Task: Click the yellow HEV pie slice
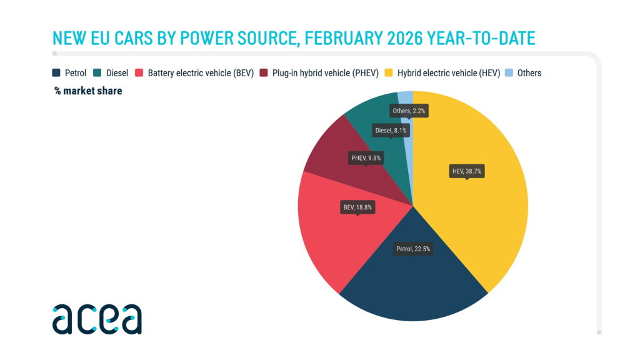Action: [481, 212]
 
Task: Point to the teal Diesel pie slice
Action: [375, 116]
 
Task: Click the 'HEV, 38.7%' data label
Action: [467, 171]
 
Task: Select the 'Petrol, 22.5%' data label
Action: [413, 249]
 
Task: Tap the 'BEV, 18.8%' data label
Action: [357, 207]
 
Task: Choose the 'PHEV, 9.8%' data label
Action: [366, 158]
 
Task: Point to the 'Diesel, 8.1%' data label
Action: [391, 131]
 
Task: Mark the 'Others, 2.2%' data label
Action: [409, 111]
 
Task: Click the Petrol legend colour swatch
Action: [57, 73]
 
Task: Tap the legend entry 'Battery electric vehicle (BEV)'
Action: [200, 73]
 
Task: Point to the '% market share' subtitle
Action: [87, 91]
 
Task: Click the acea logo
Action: [97, 319]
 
